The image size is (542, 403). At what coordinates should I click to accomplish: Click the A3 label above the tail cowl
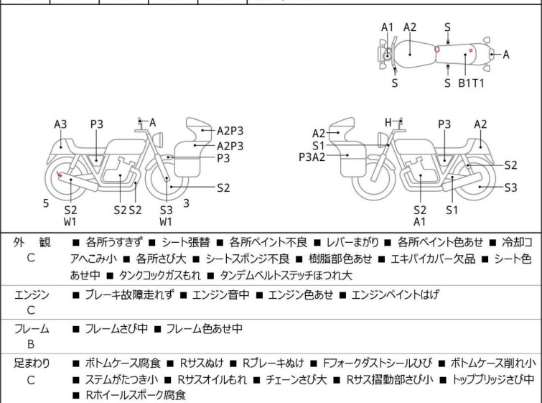pos(60,124)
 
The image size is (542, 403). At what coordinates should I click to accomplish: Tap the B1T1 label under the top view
pos(471,83)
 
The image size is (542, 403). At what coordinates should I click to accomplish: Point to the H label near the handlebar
pos(388,122)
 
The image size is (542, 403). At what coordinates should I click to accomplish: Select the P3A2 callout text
pos(312,157)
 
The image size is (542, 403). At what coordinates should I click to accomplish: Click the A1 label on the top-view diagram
pos(388,27)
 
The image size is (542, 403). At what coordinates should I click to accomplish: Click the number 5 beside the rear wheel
pos(46,203)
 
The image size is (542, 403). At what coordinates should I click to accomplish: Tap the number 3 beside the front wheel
pos(187,203)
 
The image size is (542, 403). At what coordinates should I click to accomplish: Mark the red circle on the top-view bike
pos(437,50)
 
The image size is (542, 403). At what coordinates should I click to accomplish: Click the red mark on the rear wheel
pos(59,174)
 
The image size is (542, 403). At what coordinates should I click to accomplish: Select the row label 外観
pos(32,243)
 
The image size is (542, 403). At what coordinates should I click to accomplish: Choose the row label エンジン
pos(32,295)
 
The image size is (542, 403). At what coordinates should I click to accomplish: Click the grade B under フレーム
pos(31,344)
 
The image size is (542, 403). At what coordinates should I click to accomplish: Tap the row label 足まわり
pos(32,363)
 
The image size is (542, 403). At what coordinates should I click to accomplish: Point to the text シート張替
pos(186,242)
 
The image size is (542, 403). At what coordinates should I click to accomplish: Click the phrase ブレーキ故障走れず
pos(130,295)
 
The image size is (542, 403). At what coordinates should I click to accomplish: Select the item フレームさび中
pos(116,328)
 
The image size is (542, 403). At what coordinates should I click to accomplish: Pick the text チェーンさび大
pos(296,379)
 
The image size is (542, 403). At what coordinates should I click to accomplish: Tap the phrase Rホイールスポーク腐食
pos(136,395)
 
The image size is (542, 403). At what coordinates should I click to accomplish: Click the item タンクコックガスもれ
pos(159,275)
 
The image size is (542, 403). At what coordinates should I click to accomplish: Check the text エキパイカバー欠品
pos(433,259)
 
